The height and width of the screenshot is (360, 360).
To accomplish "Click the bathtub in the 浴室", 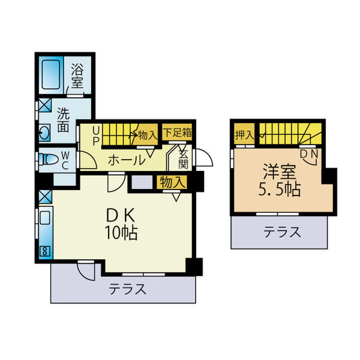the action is pos(51,74).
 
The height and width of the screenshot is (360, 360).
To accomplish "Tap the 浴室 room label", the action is pos(77,76).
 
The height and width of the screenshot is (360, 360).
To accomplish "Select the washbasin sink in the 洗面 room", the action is pos(44,133).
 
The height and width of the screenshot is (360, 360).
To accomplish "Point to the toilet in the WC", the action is pos(49,159).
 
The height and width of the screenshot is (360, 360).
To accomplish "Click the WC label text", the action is pos(65,161).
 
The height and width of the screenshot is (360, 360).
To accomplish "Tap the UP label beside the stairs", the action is pos(96,136).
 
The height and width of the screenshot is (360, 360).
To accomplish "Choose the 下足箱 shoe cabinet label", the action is pos(177,133).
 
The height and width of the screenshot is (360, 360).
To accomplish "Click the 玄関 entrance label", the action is pos(183,159).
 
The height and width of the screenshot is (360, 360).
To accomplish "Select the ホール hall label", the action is pos(127,160).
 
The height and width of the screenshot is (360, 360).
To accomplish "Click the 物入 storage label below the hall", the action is pos(172,182).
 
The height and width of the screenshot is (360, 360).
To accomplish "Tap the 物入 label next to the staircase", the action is pos(148,135).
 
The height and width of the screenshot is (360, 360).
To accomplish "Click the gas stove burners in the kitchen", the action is pos(45,251).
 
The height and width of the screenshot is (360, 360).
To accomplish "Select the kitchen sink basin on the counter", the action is pos(45,218).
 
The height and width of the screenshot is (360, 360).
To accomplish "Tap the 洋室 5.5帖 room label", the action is pos(279,180).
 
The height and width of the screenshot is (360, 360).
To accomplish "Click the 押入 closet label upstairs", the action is pos(245,135).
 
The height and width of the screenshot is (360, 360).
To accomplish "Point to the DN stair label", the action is pos(309,154).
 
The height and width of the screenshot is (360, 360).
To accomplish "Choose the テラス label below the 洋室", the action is pos(282,232).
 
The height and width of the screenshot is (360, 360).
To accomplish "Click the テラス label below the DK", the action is pos(127,289).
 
